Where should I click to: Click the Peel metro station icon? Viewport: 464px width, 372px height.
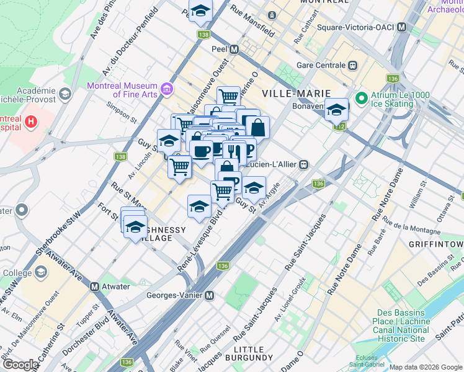click(x=234, y=50)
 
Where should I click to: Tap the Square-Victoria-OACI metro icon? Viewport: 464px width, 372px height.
click(x=401, y=27)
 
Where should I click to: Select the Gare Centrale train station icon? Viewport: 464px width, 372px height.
click(x=352, y=65)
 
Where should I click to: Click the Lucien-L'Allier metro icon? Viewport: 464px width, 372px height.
click(x=304, y=164)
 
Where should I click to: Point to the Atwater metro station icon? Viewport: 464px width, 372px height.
click(x=94, y=286)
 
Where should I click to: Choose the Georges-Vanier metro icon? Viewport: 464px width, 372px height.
click(x=210, y=296)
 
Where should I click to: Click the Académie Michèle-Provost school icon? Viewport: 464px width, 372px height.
click(x=66, y=94)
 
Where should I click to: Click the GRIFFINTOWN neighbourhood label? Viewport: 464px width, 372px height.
click(x=436, y=244)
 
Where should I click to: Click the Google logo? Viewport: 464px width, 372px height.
click(x=20, y=365)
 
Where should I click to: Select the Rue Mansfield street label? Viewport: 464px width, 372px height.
click(x=252, y=20)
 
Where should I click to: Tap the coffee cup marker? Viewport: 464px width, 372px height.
click(x=201, y=151)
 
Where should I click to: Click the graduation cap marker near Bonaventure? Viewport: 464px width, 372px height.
click(x=336, y=110)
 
